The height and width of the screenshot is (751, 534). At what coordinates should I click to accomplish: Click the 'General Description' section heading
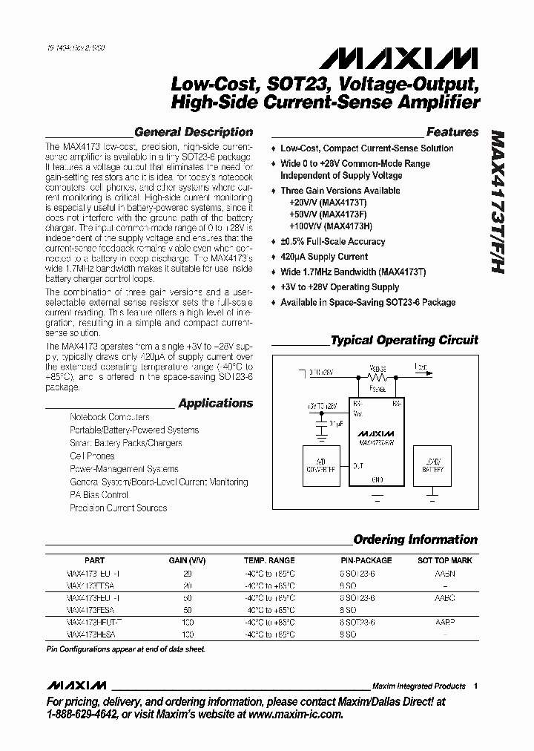click(x=194, y=132)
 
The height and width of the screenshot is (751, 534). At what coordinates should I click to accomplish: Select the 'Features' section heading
click(x=452, y=132)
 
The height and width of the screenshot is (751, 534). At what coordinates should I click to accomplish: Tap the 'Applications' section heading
click(x=216, y=404)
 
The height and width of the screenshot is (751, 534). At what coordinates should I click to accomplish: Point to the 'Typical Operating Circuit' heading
click(x=404, y=341)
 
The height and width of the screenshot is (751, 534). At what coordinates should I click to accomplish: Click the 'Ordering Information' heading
click(x=415, y=540)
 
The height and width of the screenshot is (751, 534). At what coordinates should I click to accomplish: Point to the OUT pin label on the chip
click(x=357, y=465)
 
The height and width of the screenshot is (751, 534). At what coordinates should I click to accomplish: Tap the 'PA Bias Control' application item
click(x=99, y=495)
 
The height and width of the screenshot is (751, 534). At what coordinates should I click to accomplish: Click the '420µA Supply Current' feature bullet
click(x=323, y=257)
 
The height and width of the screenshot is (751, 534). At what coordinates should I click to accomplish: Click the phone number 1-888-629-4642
click(x=83, y=715)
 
